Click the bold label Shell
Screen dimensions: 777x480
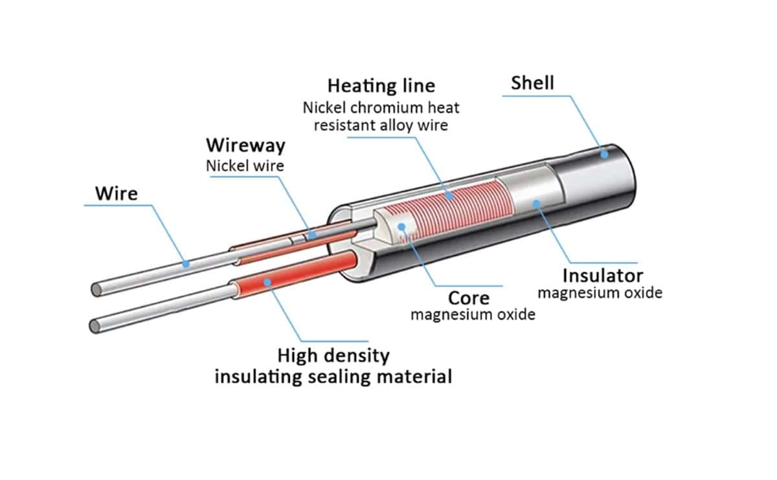pos(532,83)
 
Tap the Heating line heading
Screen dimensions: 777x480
pos(381,86)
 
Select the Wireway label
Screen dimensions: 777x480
pos(245,145)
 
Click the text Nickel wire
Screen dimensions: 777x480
pos(245,166)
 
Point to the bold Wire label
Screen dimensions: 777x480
pos(117,193)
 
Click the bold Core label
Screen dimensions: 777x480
pos(469,298)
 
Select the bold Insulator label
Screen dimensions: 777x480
pos(603,276)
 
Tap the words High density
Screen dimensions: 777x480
pos(333,356)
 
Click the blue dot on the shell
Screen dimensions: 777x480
pos(605,155)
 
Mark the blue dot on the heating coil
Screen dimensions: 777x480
pos(449,196)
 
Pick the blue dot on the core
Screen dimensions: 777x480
pos(401,227)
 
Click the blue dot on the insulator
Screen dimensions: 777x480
pos(537,203)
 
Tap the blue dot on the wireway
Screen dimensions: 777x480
pos(312,235)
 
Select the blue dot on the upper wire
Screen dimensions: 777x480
pos(186,264)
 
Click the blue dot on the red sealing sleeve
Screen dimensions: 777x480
pos(267,282)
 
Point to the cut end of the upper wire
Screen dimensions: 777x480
pos(96,290)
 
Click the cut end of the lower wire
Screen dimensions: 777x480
pos(95,327)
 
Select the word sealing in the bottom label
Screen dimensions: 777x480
pos(339,376)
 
